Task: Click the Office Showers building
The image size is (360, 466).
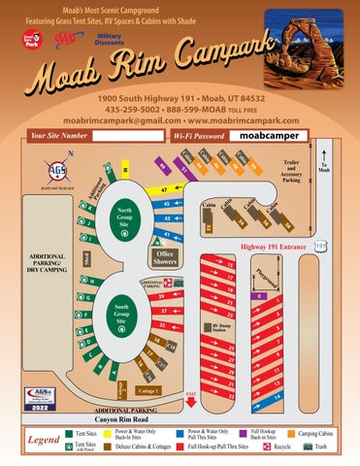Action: pyautogui.click(x=164, y=256)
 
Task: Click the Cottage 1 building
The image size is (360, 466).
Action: pyautogui.click(x=149, y=390)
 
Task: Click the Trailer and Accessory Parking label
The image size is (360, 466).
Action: pyautogui.click(x=291, y=171)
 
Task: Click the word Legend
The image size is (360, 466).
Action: pyautogui.click(x=34, y=440)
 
